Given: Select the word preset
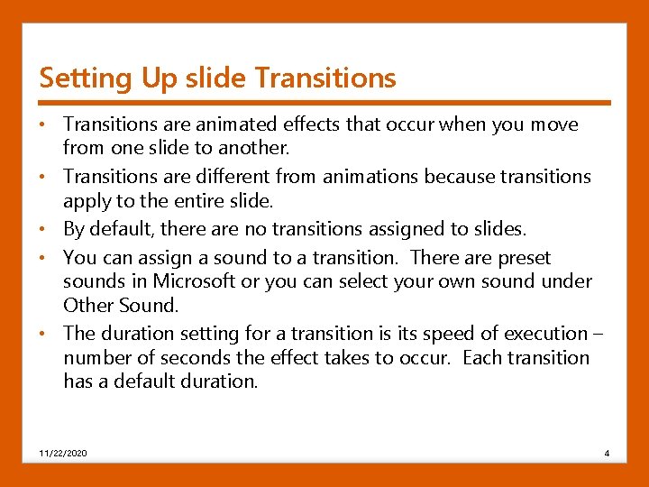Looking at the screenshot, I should pyautogui.click(x=522, y=259).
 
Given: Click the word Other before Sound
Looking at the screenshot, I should pyautogui.click(x=87, y=304).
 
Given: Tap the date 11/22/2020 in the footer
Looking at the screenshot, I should pyautogui.click(x=63, y=452).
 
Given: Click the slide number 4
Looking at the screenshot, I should pyautogui.click(x=607, y=452).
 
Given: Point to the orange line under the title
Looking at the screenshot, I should pyautogui.click(x=324, y=102).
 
